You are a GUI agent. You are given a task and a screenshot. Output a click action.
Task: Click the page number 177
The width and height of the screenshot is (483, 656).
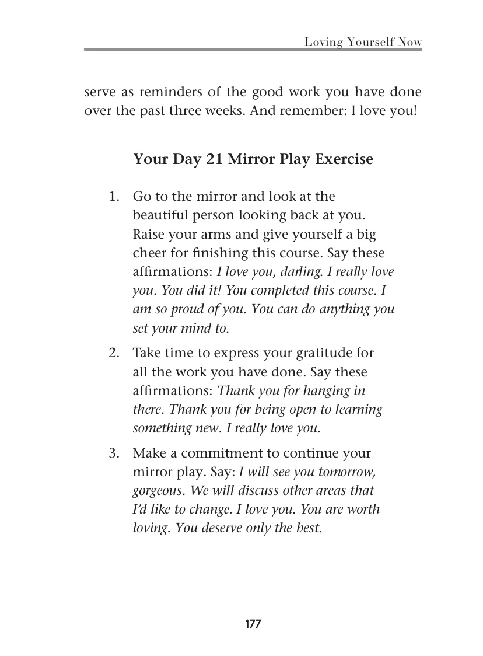click(x=253, y=624)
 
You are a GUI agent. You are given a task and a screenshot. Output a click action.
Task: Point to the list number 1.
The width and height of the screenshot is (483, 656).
click(x=114, y=197)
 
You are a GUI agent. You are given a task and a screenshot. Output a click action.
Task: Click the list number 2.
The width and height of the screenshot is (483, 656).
click(x=114, y=353)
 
